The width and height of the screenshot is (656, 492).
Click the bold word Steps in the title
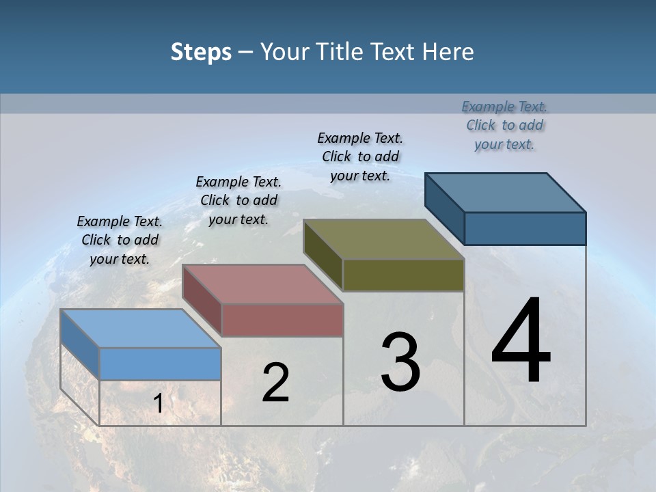click(201, 52)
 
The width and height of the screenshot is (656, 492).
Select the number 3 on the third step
click(400, 362)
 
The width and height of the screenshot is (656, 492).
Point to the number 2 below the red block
click(275, 383)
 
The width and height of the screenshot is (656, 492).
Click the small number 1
click(158, 403)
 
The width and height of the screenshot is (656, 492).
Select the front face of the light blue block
click(160, 364)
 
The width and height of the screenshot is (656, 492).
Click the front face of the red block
click(282, 320)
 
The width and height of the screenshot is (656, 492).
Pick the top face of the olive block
click(383, 239)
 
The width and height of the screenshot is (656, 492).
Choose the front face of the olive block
click(403, 275)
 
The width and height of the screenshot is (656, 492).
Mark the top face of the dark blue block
click(505, 192)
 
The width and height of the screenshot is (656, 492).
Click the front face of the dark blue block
click(525, 228)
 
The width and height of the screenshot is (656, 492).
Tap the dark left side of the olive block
click(323, 254)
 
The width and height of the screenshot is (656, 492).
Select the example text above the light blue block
click(120, 240)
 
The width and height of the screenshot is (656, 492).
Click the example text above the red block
click(238, 200)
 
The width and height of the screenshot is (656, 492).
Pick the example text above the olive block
click(360, 156)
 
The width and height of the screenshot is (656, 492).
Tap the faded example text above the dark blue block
click(504, 125)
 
